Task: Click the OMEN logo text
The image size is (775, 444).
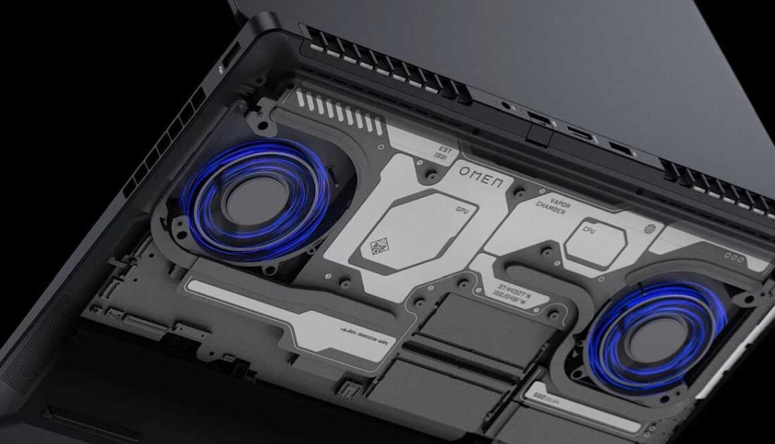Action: pyautogui.click(x=481, y=176)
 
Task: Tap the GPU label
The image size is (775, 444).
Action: pyautogui.click(x=461, y=210)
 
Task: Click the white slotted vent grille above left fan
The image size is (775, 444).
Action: pyautogui.click(x=339, y=114)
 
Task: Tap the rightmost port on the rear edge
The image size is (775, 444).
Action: pyautogui.click(x=621, y=149)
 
